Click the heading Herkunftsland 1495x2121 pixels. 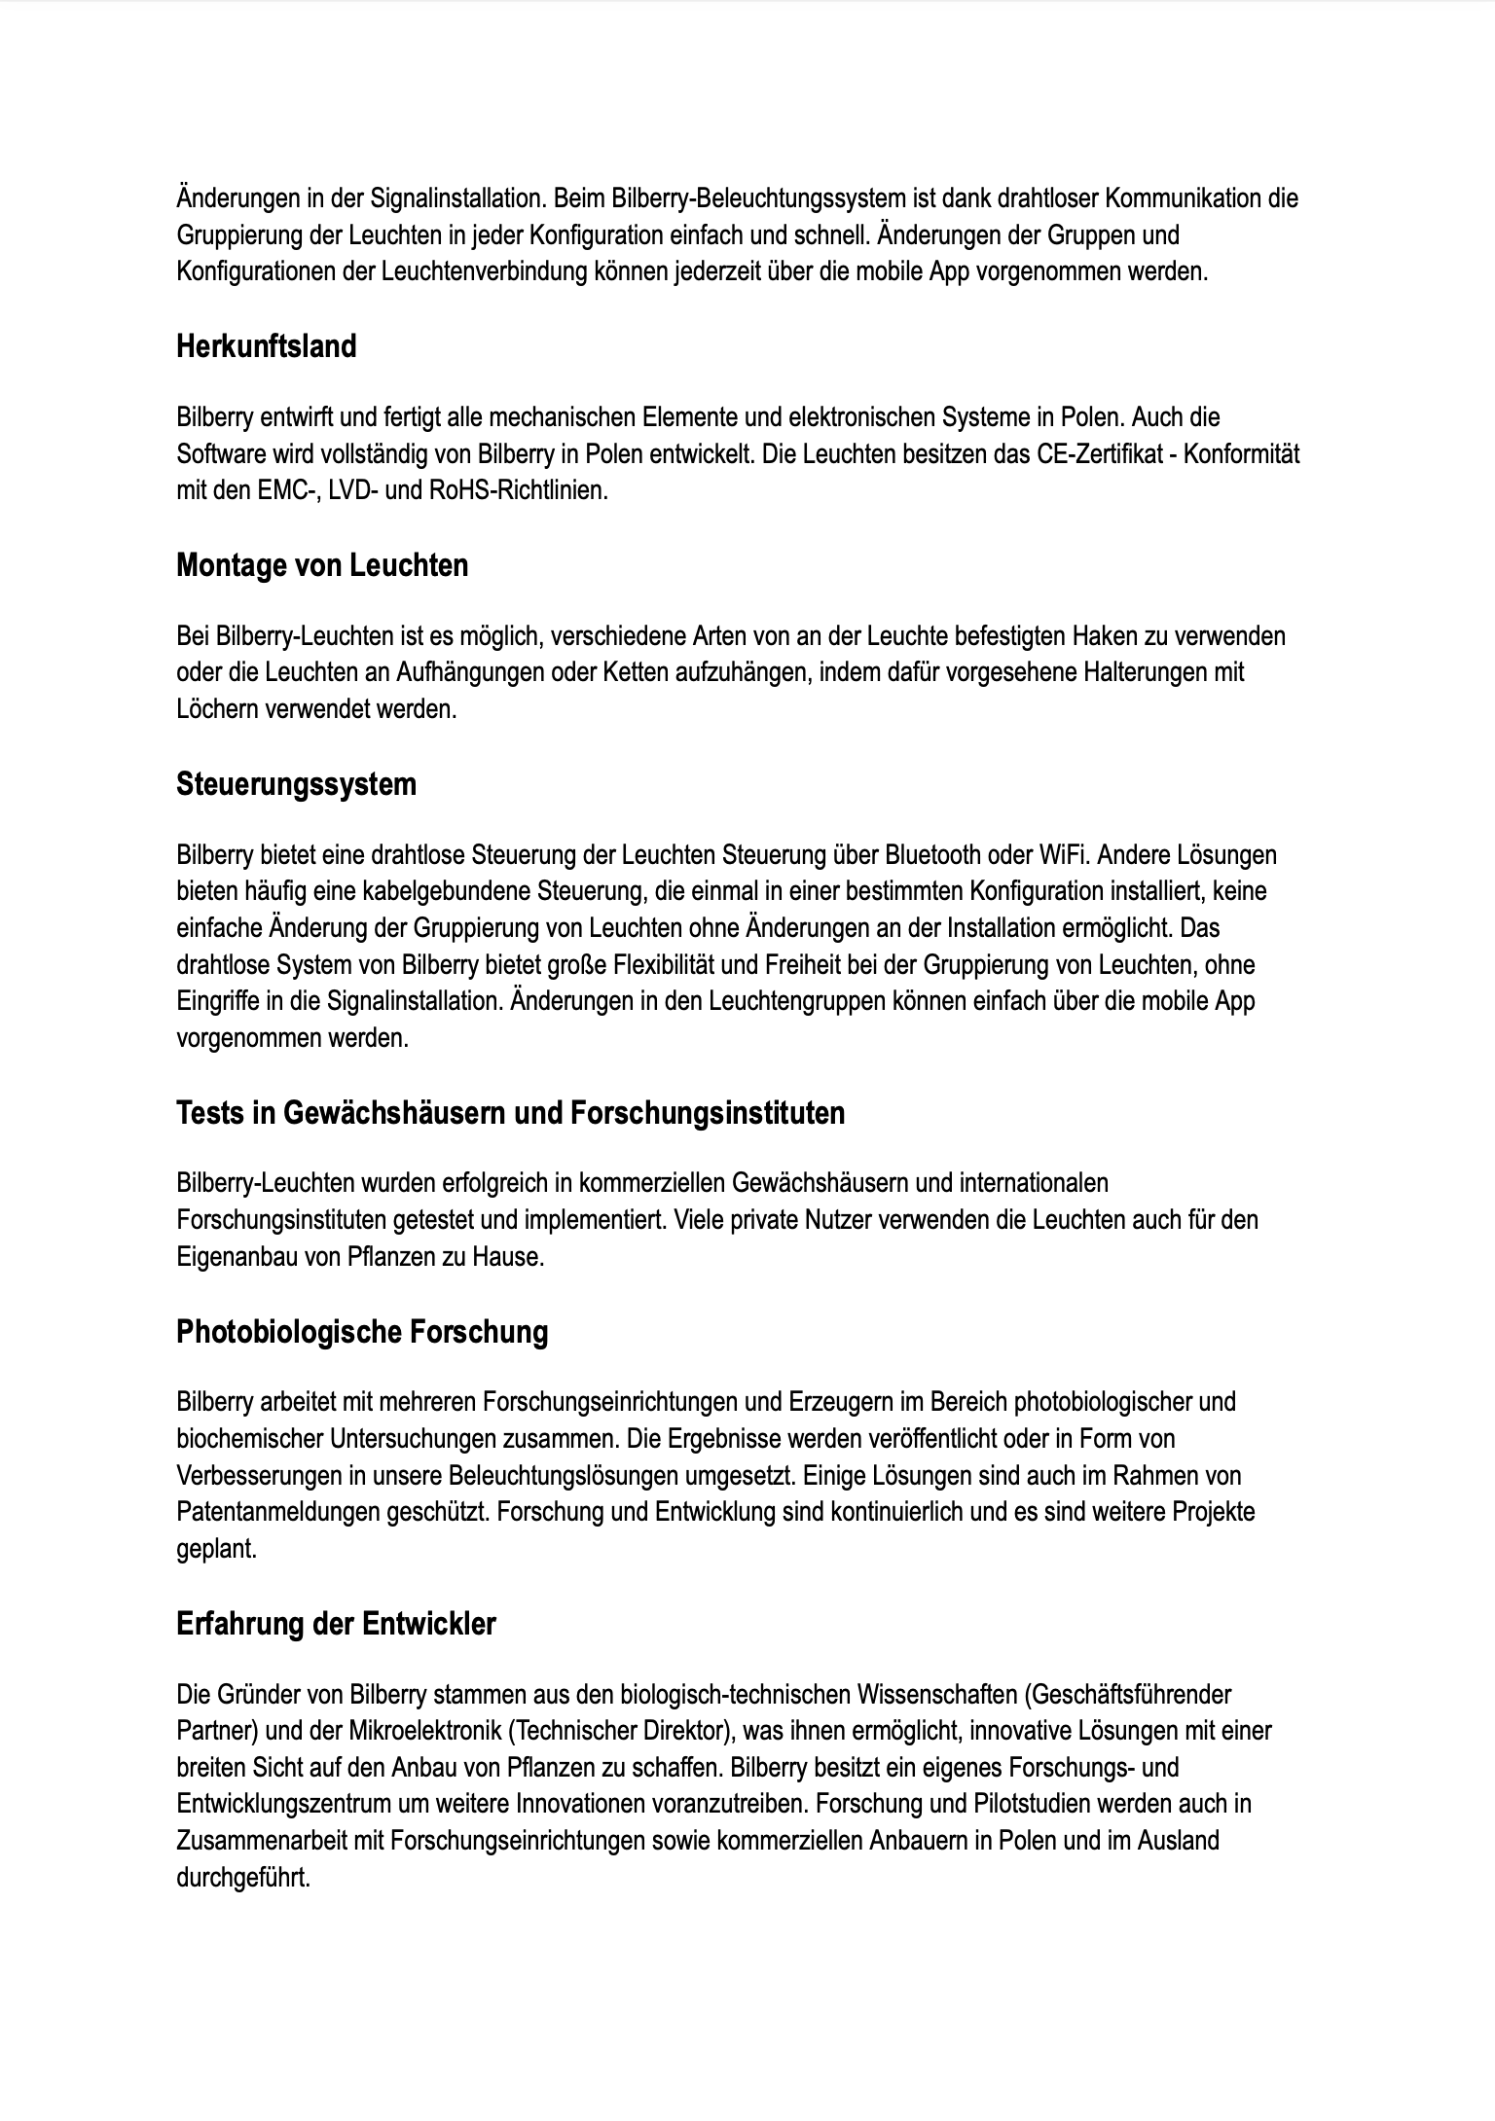(x=266, y=346)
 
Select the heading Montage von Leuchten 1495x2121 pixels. (x=321, y=565)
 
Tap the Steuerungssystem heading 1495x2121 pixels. (x=296, y=784)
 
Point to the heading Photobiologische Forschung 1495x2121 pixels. (x=362, y=1332)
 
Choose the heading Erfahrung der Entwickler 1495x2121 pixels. (x=336, y=1624)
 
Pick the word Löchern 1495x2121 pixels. (x=216, y=709)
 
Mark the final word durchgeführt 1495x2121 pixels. (x=243, y=1878)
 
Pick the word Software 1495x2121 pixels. (x=217, y=454)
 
